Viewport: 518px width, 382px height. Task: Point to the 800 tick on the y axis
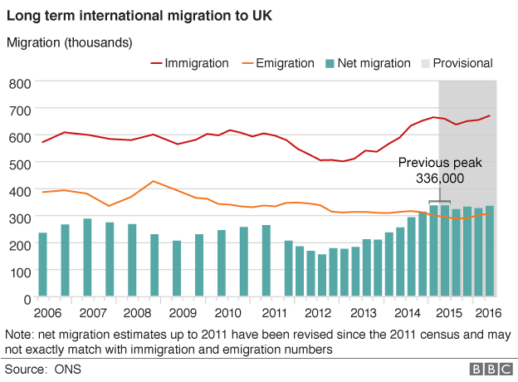coord(19,84)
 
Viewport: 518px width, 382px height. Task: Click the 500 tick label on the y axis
coord(19,164)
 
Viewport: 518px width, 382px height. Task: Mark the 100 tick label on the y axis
coord(19,271)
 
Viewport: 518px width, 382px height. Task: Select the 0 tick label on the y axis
coord(26,297)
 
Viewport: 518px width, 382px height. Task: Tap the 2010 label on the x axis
coord(227,314)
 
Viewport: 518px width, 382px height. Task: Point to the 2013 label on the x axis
coord(364,314)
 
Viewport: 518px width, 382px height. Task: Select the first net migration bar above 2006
coord(42,263)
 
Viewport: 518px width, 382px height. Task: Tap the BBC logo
coord(490,368)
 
